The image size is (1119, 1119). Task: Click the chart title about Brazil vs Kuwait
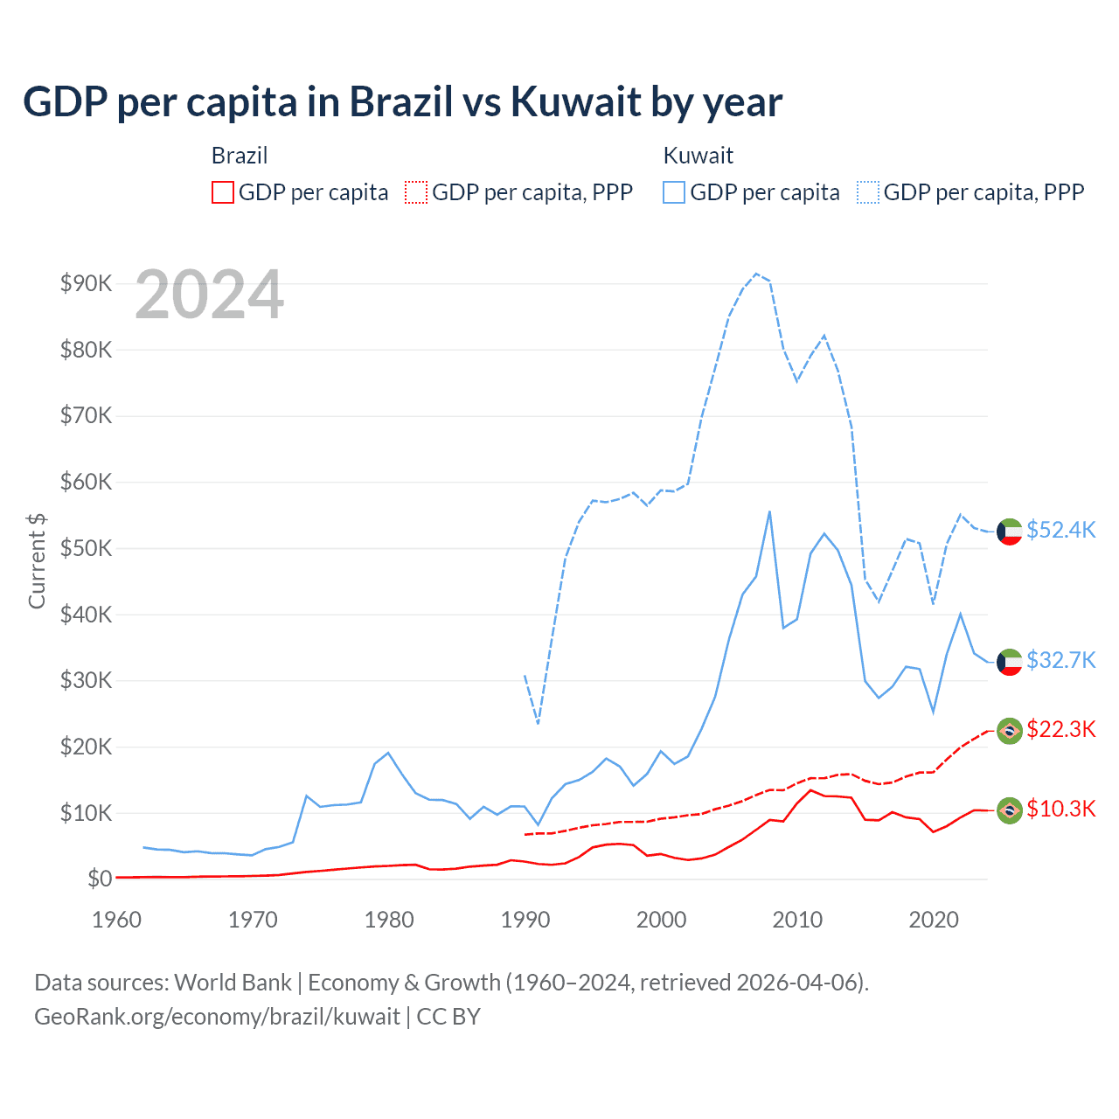pyautogui.click(x=402, y=102)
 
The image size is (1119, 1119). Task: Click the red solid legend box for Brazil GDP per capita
pyautogui.click(x=223, y=192)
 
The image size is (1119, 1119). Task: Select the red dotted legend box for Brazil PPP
pyautogui.click(x=416, y=192)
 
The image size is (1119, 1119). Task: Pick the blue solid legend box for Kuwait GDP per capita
pyautogui.click(x=674, y=192)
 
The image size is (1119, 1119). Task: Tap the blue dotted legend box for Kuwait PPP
pyautogui.click(x=868, y=192)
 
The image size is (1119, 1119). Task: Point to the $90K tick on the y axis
pyautogui.click(x=86, y=283)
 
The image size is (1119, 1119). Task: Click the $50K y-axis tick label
pyautogui.click(x=86, y=548)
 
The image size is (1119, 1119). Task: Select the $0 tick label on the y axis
pyautogui.click(x=99, y=879)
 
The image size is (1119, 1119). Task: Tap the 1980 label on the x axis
pyautogui.click(x=389, y=920)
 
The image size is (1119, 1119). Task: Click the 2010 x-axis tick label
pyautogui.click(x=797, y=920)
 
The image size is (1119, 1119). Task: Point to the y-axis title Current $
pyautogui.click(x=37, y=560)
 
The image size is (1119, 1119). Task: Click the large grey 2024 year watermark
pyautogui.click(x=210, y=295)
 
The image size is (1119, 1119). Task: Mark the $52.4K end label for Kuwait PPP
pyautogui.click(x=1060, y=531)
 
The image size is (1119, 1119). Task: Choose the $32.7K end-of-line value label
pyautogui.click(x=1060, y=660)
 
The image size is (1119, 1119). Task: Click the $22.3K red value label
pyautogui.click(x=1060, y=730)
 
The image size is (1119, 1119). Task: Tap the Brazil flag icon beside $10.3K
pyautogui.click(x=1010, y=810)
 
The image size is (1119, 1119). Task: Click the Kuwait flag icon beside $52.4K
pyautogui.click(x=1010, y=532)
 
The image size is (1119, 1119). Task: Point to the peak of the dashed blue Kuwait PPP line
pyautogui.click(x=756, y=274)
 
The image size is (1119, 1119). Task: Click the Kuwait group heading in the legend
pyautogui.click(x=698, y=156)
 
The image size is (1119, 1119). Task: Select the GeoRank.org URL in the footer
pyautogui.click(x=217, y=1017)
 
